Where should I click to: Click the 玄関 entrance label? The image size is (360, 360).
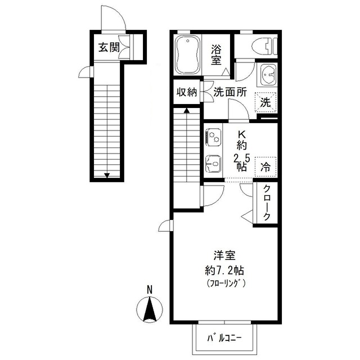(109, 47)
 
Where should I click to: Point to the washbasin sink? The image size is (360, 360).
(269, 74)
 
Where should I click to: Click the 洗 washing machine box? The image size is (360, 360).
(265, 102)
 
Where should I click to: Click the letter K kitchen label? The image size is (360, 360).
(242, 135)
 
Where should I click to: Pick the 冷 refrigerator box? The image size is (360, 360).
(265, 166)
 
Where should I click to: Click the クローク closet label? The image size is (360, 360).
(267, 203)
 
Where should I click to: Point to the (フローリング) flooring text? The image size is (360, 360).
(225, 282)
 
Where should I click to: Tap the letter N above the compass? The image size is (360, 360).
(150, 290)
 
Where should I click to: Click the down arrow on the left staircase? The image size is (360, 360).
(107, 174)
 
